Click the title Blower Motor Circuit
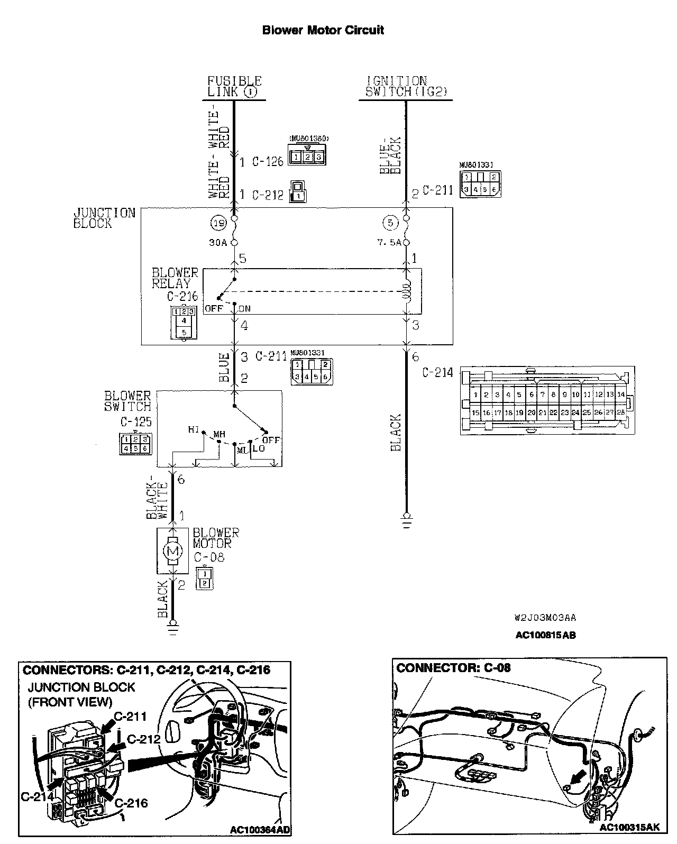[x=323, y=30]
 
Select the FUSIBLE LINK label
[x=234, y=86]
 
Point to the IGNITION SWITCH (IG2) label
[x=405, y=86]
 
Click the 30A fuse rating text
[x=218, y=243]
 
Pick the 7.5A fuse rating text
[x=389, y=243]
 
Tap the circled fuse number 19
[x=218, y=223]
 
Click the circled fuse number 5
[x=390, y=223]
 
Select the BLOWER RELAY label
[x=175, y=278]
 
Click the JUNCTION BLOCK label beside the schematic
[x=104, y=218]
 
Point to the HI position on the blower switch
[x=194, y=429]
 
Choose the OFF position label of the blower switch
[x=271, y=440]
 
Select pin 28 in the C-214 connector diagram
[x=620, y=412]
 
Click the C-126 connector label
[x=268, y=161]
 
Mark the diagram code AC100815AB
[x=545, y=635]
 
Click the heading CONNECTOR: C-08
[x=453, y=667]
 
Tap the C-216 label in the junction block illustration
[x=131, y=803]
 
